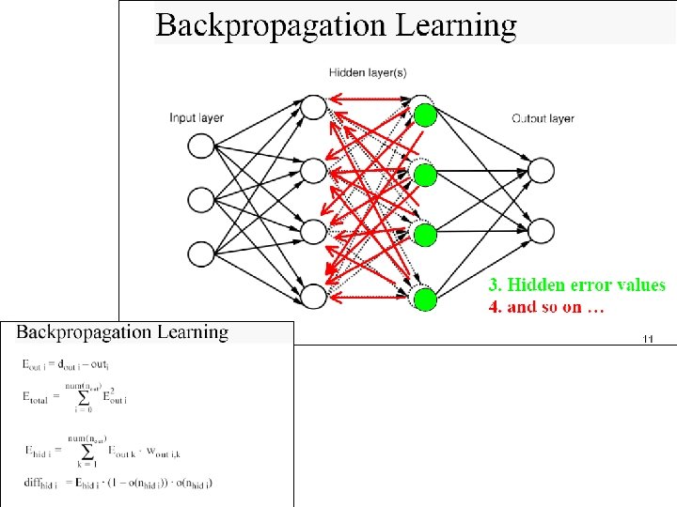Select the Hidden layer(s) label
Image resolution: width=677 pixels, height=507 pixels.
(x=367, y=71)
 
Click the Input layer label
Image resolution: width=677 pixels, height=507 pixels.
(x=197, y=118)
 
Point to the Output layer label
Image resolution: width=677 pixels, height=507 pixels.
(x=543, y=118)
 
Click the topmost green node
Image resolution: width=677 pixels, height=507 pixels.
(x=426, y=115)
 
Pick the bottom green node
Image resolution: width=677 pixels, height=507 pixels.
(x=426, y=300)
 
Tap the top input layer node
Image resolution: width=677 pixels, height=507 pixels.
(x=201, y=146)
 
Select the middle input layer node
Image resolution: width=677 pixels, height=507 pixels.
(x=201, y=200)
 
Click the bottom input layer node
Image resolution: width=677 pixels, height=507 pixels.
(x=201, y=254)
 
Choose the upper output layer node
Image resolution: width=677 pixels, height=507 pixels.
(x=542, y=171)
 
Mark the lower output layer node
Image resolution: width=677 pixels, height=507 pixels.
(x=542, y=230)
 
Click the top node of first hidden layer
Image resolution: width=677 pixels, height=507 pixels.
(x=312, y=108)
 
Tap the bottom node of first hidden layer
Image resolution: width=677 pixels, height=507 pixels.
(x=312, y=296)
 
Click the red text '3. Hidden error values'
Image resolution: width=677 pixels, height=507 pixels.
(x=576, y=285)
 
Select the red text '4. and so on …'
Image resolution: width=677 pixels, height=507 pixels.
(x=546, y=307)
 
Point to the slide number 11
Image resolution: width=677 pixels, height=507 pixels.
(x=647, y=338)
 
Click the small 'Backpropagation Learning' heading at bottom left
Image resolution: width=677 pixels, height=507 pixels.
(x=122, y=332)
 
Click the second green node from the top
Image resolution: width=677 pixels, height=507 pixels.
(x=426, y=175)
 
